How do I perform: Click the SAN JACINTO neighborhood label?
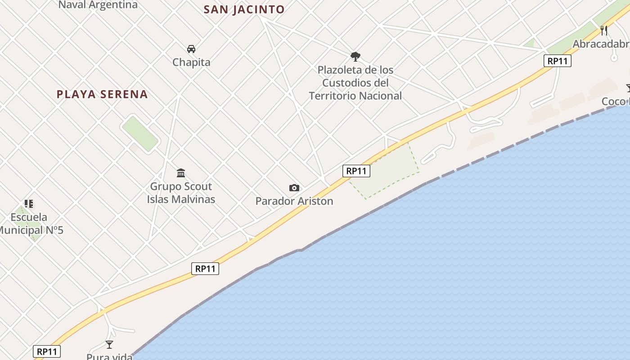click(x=244, y=9)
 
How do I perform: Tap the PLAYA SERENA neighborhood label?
click(x=102, y=94)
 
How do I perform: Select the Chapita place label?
click(x=191, y=62)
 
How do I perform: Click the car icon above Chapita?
click(x=191, y=49)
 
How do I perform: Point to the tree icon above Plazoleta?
click(x=355, y=57)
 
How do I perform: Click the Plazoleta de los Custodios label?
click(x=355, y=83)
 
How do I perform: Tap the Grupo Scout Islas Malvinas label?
click(x=181, y=193)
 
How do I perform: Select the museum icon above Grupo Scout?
click(x=181, y=173)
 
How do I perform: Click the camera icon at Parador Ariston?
click(x=294, y=188)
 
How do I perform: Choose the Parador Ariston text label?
click(x=294, y=201)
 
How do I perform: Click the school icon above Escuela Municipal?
click(x=29, y=204)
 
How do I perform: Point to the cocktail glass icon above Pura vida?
click(x=109, y=345)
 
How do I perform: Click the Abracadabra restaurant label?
click(x=601, y=44)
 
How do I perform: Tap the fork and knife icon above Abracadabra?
click(x=604, y=31)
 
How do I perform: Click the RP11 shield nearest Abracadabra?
click(x=558, y=61)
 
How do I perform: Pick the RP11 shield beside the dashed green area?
click(x=356, y=171)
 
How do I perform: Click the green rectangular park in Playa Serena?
click(x=140, y=134)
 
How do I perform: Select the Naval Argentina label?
click(x=98, y=5)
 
